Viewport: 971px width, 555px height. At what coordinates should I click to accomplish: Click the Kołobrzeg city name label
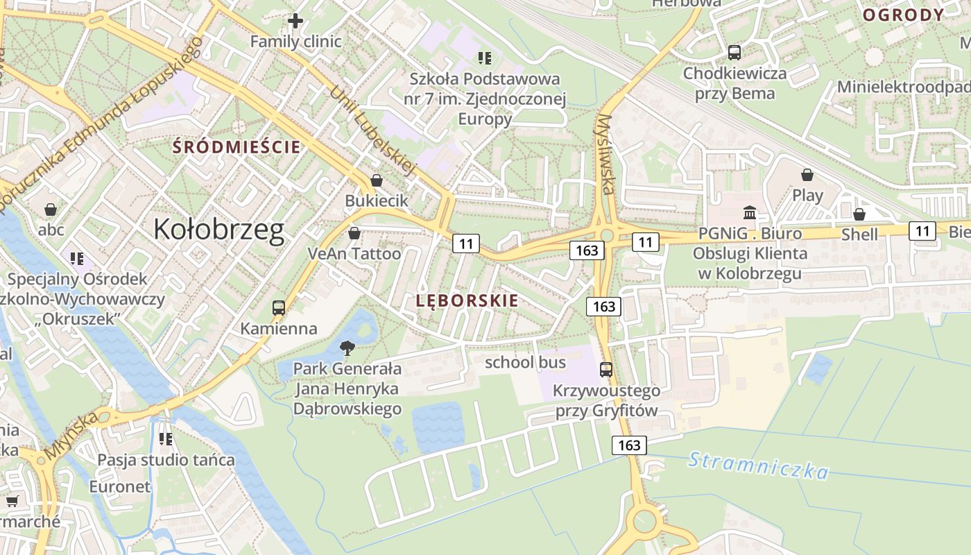(218, 230)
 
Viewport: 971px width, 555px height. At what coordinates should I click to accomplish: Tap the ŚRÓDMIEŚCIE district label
(237, 147)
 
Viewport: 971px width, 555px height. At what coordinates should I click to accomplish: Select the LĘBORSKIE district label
(467, 301)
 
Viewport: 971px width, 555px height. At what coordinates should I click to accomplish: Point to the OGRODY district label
(903, 15)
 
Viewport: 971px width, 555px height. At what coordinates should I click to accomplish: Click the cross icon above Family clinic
(295, 21)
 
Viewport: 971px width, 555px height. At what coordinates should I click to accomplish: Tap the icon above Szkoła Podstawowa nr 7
(485, 58)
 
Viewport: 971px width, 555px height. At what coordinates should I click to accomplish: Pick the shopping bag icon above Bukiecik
(377, 181)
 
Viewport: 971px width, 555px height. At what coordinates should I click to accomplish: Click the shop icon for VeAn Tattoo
(354, 234)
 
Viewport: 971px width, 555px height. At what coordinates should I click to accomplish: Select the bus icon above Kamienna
(279, 308)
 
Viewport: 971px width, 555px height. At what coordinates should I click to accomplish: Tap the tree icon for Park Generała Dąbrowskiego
(347, 348)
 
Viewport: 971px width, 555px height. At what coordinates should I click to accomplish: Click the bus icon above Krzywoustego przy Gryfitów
(606, 370)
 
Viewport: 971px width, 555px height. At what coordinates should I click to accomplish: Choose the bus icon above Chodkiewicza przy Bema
(734, 53)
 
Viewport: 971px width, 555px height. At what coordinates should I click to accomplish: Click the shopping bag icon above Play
(807, 175)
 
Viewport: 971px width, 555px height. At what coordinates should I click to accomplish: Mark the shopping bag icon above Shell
(859, 215)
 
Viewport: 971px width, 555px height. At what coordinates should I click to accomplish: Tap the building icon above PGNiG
(750, 212)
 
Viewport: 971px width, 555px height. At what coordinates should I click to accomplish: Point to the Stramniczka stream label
(758, 466)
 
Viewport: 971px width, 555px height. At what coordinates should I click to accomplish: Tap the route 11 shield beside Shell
(922, 231)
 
